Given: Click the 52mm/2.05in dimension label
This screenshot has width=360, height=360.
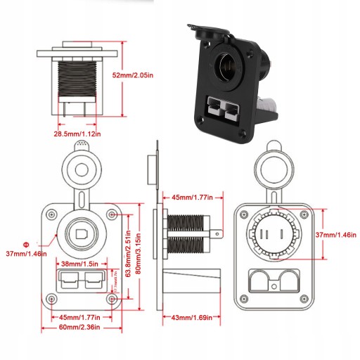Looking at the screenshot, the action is [133, 75].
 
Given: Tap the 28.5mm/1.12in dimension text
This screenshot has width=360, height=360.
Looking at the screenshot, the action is [77, 134].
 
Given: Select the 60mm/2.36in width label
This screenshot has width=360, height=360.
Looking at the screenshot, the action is [79, 327].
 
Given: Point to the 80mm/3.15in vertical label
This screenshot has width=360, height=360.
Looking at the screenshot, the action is [139, 254].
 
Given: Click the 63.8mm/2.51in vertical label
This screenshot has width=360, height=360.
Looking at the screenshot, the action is [128, 254].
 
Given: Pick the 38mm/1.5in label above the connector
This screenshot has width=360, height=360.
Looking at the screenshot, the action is [79, 264].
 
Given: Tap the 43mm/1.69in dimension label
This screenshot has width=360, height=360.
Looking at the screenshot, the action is [192, 317].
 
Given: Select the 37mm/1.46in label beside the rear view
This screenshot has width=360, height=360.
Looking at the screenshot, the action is [335, 235].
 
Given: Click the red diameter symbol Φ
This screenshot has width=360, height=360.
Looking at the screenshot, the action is [26, 245].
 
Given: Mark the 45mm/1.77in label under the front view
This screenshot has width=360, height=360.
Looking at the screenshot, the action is [79, 317].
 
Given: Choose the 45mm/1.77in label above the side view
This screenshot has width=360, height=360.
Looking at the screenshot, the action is [192, 198].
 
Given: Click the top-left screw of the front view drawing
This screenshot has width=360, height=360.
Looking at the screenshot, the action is [51, 214].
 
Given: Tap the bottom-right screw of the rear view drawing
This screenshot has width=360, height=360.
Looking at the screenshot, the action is [304, 299].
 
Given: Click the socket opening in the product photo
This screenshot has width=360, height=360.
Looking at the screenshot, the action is [227, 65].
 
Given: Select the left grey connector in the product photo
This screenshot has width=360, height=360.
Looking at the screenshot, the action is [215, 108].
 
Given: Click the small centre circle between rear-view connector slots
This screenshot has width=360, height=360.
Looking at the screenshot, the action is [274, 286].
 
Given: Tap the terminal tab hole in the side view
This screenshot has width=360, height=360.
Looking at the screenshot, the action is [217, 233].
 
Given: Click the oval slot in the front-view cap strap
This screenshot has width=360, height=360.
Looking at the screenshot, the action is [82, 200].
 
